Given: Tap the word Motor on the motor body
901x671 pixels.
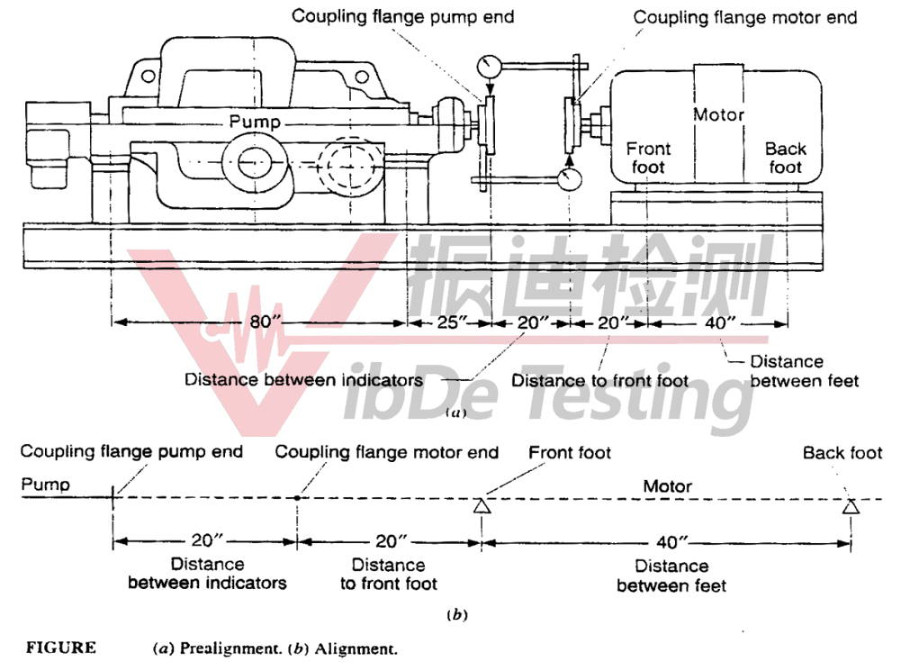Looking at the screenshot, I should pyautogui.click(x=718, y=115).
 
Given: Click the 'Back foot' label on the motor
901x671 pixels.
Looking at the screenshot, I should pyautogui.click(x=785, y=158).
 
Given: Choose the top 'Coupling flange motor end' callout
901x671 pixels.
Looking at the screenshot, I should pyautogui.click(x=744, y=17).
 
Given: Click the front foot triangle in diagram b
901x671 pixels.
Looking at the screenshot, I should pyautogui.click(x=481, y=507).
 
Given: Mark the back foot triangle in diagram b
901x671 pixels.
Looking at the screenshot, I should pyautogui.click(x=851, y=507).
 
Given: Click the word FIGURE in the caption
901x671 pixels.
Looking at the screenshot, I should pyautogui.click(x=59, y=648).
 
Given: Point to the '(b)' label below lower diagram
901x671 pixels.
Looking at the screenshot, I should pyautogui.click(x=457, y=616).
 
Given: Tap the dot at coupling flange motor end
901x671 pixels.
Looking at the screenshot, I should pyautogui.click(x=297, y=496).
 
